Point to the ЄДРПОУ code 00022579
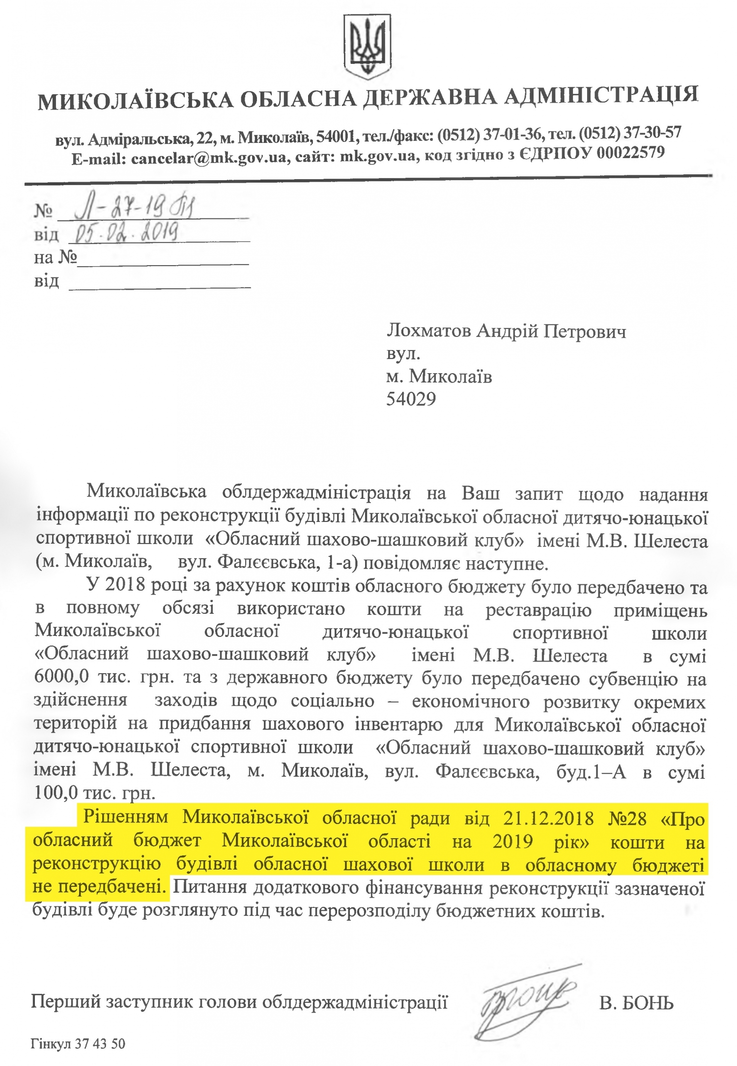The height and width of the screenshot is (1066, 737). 630,153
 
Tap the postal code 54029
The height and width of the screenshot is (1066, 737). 411,399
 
